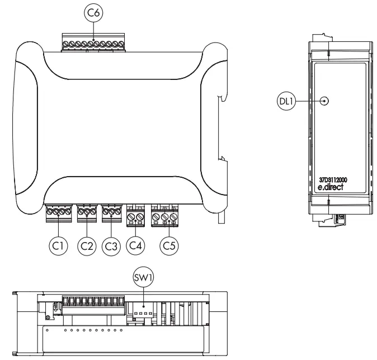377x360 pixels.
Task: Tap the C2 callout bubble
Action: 86,245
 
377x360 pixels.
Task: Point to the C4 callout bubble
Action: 136,245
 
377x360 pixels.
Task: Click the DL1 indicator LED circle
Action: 324,102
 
